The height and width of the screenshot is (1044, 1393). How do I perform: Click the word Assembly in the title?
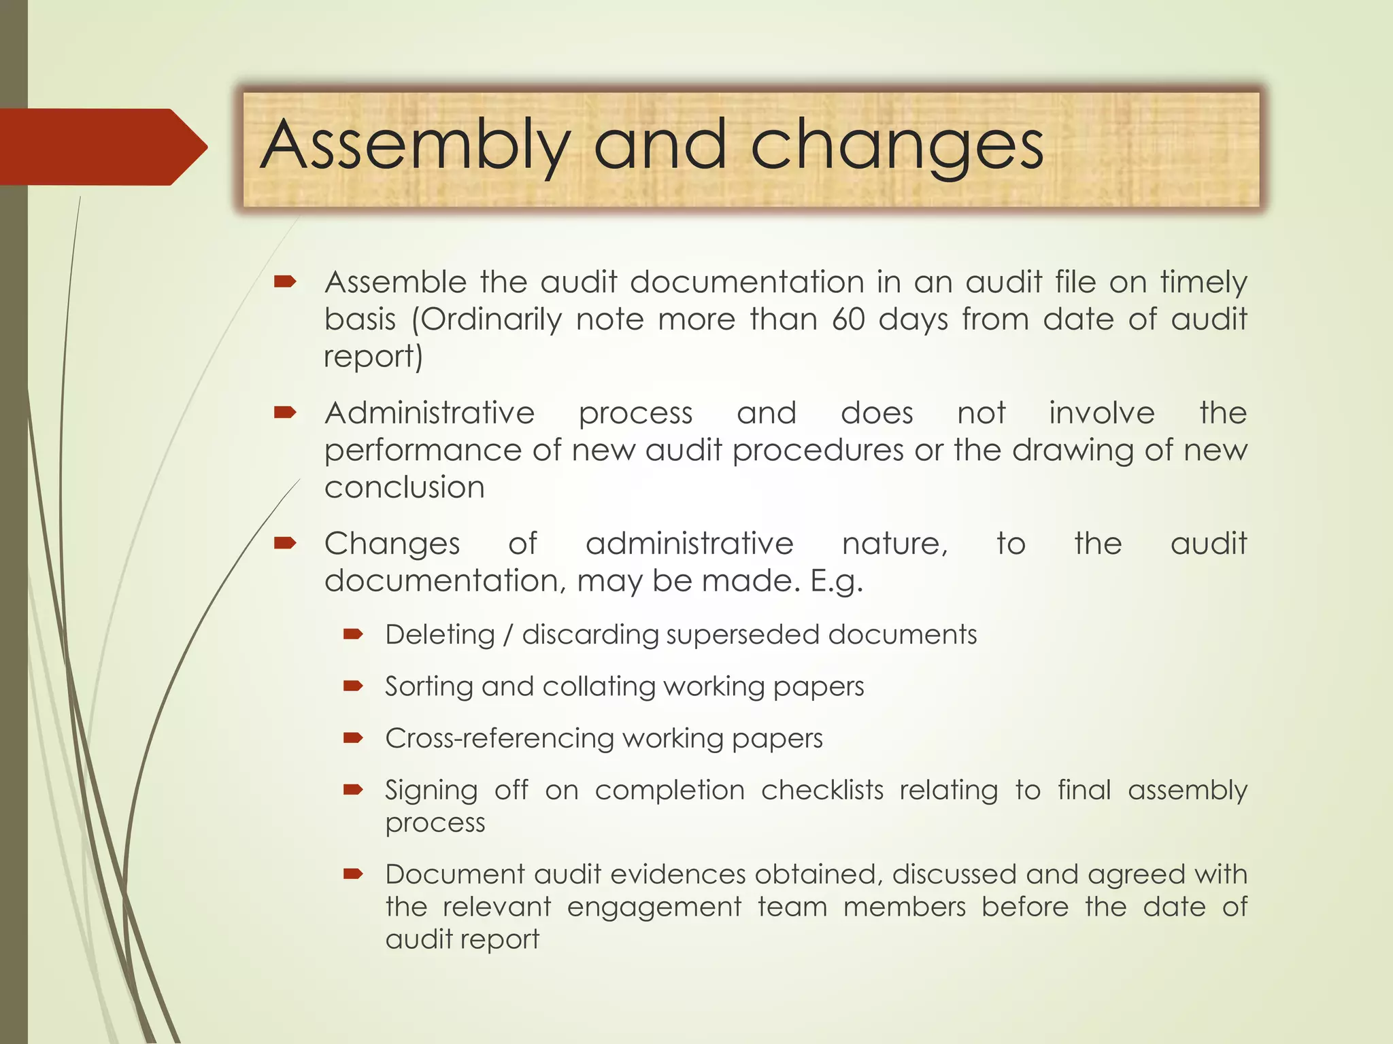[415, 146]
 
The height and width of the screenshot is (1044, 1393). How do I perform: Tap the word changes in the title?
[896, 146]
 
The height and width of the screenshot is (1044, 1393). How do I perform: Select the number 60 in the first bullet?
[848, 319]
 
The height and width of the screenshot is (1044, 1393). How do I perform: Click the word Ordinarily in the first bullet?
[492, 319]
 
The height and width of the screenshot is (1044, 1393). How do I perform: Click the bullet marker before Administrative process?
[284, 412]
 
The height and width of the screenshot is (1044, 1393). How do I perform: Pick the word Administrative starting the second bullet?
[430, 413]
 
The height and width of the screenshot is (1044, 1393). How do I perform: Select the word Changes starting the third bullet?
[392, 544]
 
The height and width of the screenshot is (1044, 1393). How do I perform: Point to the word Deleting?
[440, 635]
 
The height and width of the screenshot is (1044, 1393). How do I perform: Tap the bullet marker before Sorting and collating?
[353, 686]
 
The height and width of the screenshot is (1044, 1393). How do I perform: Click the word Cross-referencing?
[499, 738]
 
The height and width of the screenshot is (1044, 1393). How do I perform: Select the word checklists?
[822, 790]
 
